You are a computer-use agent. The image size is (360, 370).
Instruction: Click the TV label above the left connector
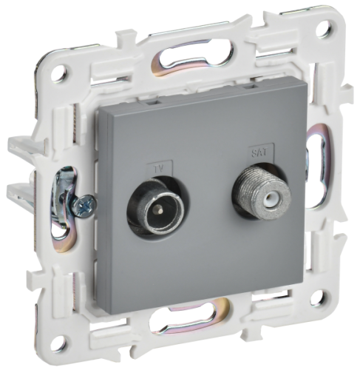pyautogui.click(x=160, y=169)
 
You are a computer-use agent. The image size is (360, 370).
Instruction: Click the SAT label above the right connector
pyautogui.click(x=259, y=152)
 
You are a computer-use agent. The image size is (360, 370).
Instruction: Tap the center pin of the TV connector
pyautogui.click(x=156, y=209)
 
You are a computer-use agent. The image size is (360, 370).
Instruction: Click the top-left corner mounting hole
pyautogui.click(x=60, y=73)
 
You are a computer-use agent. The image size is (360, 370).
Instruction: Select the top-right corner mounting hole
pyautogui.click(x=323, y=28)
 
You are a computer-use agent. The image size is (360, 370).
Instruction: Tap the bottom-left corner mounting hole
pyautogui.click(x=59, y=343)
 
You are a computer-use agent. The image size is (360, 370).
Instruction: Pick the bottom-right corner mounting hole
pyautogui.click(x=319, y=298)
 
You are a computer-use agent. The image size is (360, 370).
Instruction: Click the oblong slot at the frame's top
pyautogui.click(x=191, y=58)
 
